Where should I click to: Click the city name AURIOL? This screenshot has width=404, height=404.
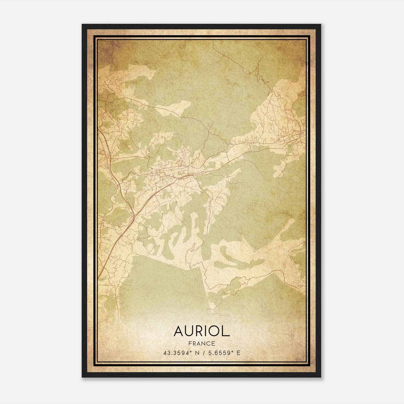click(x=202, y=331)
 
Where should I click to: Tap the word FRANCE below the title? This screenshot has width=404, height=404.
click(x=202, y=343)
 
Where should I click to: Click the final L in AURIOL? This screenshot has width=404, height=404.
click(x=226, y=331)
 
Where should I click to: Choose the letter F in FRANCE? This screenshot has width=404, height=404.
click(x=190, y=343)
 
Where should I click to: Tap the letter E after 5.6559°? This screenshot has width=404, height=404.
click(x=238, y=353)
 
